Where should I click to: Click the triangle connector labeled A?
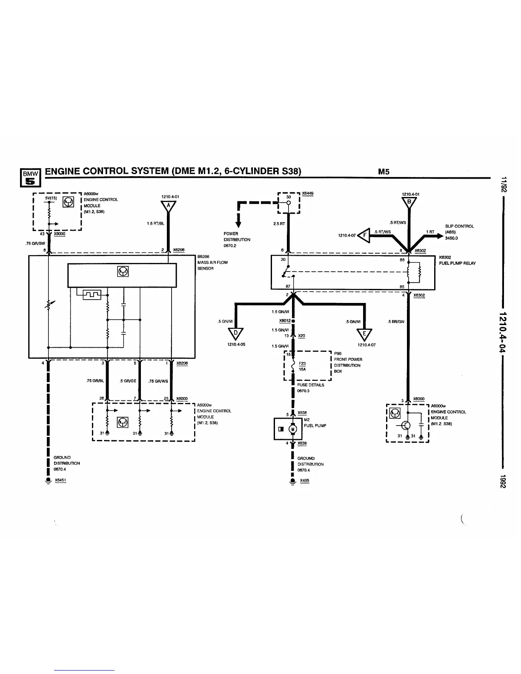pyautogui.click(x=169, y=206)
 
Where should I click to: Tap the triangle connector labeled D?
pyautogui.click(x=235, y=333)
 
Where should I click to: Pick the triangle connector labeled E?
pyautogui.click(x=365, y=333)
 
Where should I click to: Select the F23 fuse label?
pyautogui.click(x=302, y=363)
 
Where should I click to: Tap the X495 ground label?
pyautogui.click(x=304, y=481)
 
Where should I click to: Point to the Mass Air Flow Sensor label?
pyautogui.click(x=212, y=263)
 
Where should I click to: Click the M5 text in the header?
pyautogui.click(x=384, y=172)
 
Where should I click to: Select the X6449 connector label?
pyautogui.click(x=308, y=194)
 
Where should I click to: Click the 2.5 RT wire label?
pyautogui.click(x=280, y=224)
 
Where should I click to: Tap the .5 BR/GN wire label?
pyautogui.click(x=396, y=322)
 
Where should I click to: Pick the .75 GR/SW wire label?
pyautogui.click(x=35, y=243)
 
